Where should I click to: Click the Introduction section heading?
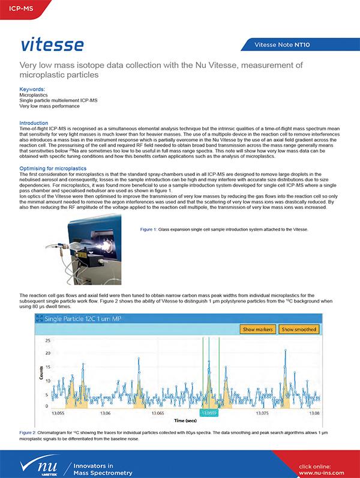tap(34, 123)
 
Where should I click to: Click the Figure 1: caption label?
tap(148, 229)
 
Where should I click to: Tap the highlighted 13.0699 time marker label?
tap(208, 413)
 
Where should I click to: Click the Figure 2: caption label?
tap(29, 432)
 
